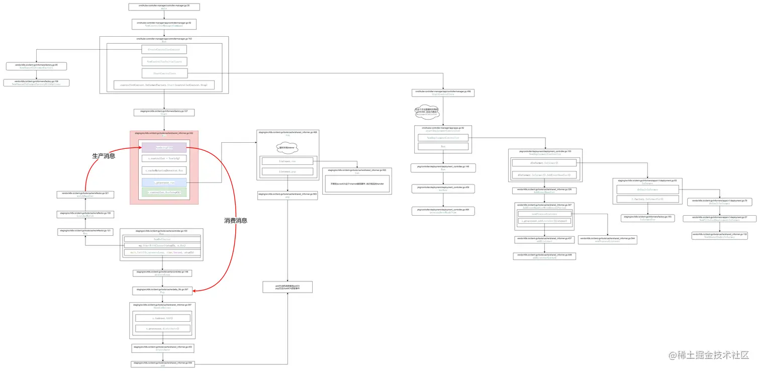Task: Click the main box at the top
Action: [164, 7]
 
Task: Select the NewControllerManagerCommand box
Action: [164, 24]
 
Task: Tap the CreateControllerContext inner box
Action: [164, 49]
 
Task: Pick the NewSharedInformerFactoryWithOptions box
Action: [36, 82]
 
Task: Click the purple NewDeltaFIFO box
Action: [164, 147]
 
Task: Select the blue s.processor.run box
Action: [164, 182]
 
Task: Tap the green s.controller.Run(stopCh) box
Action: [164, 192]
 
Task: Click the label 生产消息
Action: [104, 156]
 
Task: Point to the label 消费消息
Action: [236, 220]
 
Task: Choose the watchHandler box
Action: [85, 194]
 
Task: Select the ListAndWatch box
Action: [85, 215]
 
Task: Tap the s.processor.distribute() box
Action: [163, 328]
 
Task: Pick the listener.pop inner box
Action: [287, 171]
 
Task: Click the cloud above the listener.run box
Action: [287, 148]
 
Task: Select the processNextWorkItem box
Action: [443, 211]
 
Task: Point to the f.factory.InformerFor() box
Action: [647, 199]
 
